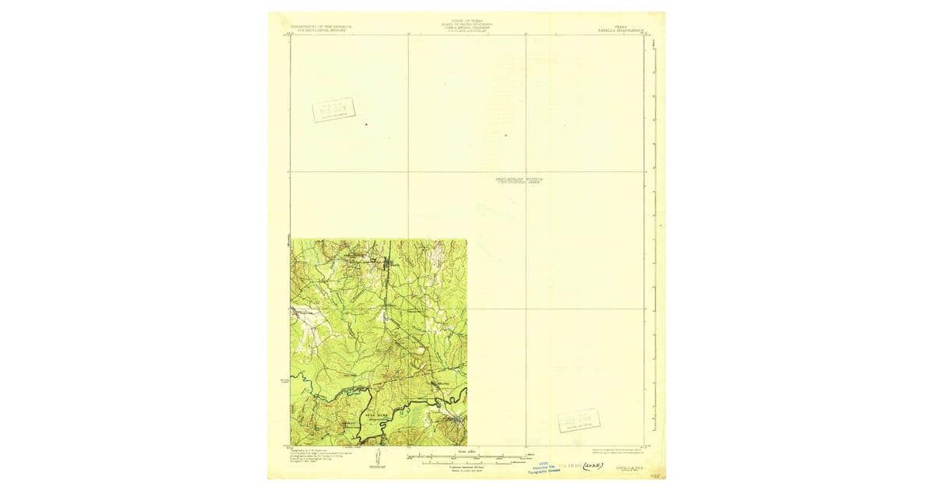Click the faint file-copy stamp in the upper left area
click(x=333, y=110)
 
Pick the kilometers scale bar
click(x=467, y=463)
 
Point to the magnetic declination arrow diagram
click(x=377, y=459)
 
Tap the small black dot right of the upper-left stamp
click(x=366, y=124)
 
